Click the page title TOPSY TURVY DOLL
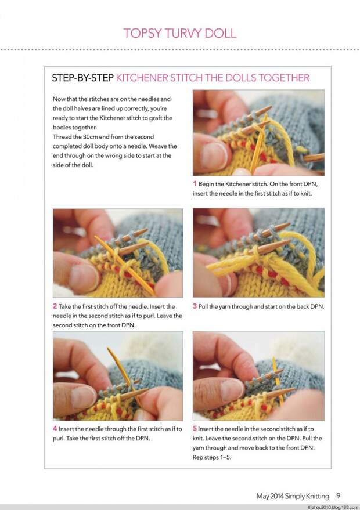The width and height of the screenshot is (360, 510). coord(179,32)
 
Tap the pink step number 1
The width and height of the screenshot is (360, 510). coord(195,183)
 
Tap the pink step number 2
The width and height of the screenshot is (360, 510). coord(55,306)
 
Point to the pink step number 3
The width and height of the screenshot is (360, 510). coord(195,306)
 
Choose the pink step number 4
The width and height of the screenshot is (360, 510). coord(55,429)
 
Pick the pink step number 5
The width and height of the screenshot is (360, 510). coord(195,429)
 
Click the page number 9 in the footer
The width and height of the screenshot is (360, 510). coord(338,496)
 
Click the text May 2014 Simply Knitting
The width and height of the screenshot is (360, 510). coord(293,496)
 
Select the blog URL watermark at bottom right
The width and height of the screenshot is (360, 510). coord(333,507)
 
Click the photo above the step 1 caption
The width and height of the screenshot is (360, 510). coord(258,133)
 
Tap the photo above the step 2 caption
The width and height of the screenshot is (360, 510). coord(118,253)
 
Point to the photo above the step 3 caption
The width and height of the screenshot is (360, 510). coord(258,253)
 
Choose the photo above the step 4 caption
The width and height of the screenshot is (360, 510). coord(118,376)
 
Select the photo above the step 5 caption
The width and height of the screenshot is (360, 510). coord(258,376)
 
